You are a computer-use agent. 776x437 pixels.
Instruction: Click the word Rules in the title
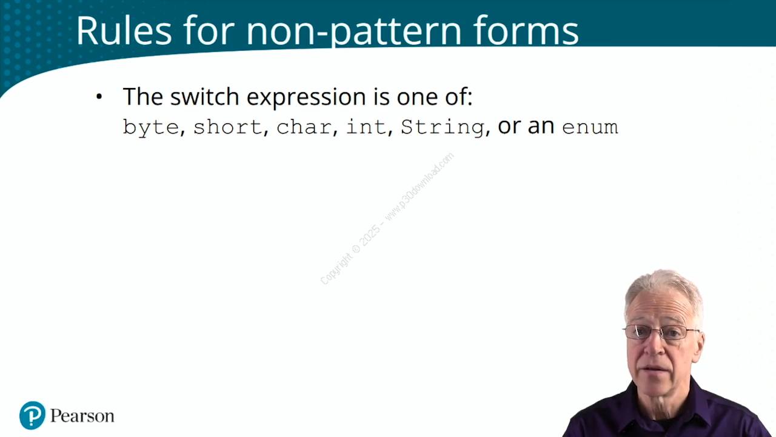point(124,30)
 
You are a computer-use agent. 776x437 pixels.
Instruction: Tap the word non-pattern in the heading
point(353,33)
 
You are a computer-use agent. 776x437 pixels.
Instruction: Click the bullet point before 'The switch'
point(99,97)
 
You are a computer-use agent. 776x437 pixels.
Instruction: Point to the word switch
point(204,97)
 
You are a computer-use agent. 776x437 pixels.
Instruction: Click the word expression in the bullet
point(306,98)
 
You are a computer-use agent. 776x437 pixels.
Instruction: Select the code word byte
point(151,127)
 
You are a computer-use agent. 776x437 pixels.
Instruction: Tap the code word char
point(304,127)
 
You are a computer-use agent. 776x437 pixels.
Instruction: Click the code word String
point(443,127)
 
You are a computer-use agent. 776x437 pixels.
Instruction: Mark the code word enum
point(590,127)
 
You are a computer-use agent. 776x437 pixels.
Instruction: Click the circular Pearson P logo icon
point(32,415)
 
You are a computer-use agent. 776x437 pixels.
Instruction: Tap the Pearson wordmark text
point(82,416)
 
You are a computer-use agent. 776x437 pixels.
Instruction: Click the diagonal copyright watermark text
point(387,218)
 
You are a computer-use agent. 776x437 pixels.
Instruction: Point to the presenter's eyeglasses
point(661,332)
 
